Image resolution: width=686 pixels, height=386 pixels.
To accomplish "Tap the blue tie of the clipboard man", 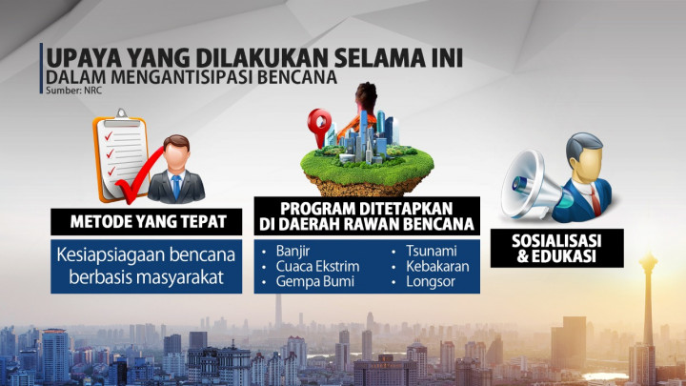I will (x=175, y=186).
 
